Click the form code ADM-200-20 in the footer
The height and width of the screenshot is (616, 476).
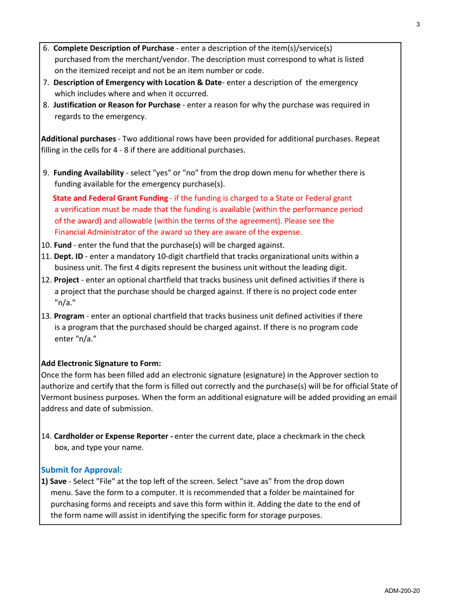pos(401,591)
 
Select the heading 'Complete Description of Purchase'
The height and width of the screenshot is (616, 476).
pos(113,49)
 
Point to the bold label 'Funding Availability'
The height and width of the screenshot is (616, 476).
pos(88,173)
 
